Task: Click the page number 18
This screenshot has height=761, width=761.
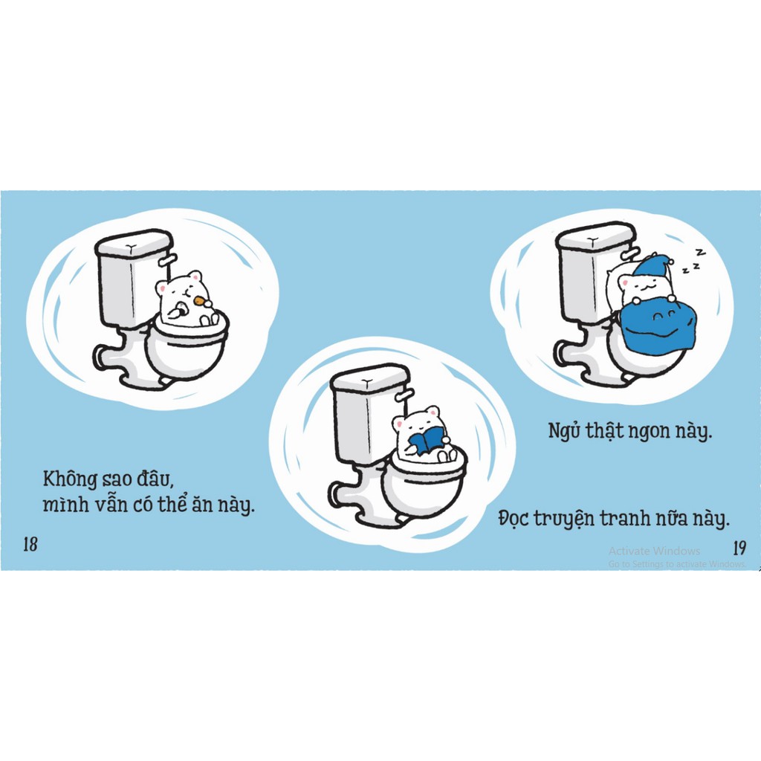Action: [x=30, y=544]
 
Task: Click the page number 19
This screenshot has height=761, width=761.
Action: [x=739, y=548]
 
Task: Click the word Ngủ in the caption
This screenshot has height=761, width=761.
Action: [x=564, y=431]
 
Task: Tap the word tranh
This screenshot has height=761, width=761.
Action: [x=630, y=519]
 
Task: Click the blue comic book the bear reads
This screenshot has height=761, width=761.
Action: [x=426, y=443]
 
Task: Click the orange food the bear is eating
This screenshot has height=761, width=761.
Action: [x=199, y=301]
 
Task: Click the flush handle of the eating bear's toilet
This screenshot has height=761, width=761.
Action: [x=168, y=259]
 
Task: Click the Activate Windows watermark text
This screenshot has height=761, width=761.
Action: [x=654, y=551]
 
